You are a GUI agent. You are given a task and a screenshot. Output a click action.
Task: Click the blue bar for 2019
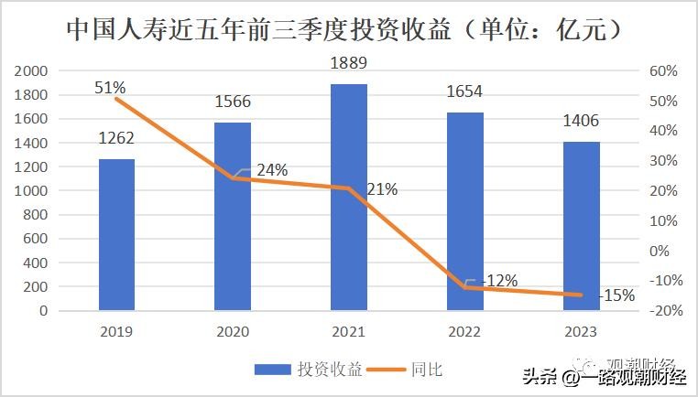point(116,235)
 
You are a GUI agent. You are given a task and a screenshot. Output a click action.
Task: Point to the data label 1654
point(464,91)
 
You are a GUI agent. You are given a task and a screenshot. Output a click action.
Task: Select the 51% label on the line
point(110,87)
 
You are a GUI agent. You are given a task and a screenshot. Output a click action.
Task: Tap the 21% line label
point(382,189)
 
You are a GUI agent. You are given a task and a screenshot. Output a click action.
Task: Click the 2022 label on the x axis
point(464,331)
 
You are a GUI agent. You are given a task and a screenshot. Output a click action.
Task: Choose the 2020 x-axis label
point(233,331)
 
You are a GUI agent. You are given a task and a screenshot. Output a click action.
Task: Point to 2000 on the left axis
point(32,71)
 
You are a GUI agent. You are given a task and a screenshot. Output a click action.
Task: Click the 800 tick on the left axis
point(36,215)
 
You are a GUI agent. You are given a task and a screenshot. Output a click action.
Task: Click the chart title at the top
point(347,29)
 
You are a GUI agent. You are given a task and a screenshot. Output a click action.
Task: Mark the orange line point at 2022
point(464,287)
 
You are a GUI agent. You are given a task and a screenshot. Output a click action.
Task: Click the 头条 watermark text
point(540,375)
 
